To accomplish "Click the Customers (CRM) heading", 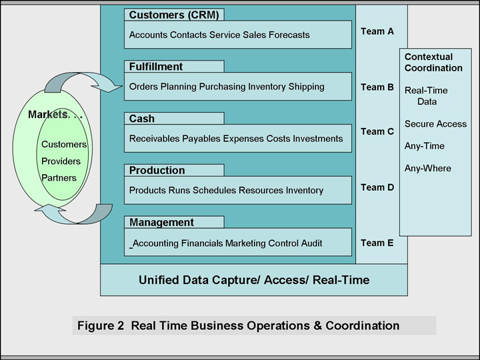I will point(173,15).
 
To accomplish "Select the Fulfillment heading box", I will point(173,67).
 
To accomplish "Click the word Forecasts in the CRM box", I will point(289,35).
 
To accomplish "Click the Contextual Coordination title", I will point(433,63).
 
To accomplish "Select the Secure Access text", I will point(435,124).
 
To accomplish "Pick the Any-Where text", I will point(427,169).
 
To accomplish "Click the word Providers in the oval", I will point(61,161).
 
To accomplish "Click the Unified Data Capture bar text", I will point(253,280).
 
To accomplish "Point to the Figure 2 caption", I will point(238,326).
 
